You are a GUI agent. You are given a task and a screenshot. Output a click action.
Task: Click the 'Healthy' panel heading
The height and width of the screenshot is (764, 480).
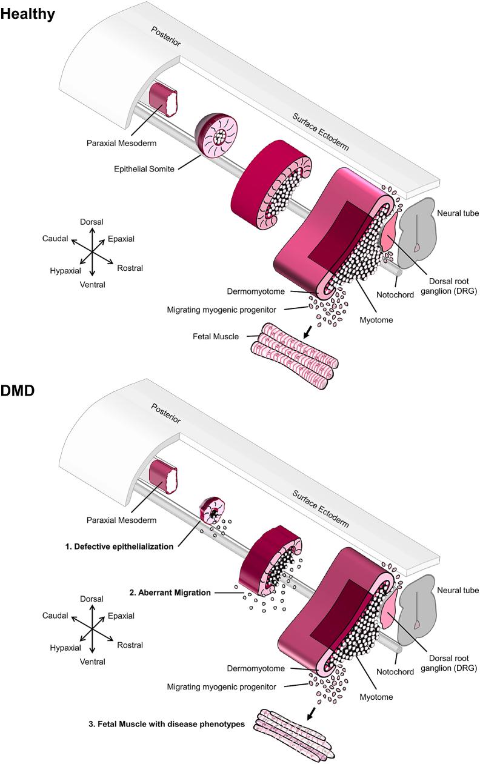(x=28, y=14)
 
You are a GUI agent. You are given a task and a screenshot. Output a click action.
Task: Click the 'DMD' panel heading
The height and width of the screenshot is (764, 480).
(x=18, y=392)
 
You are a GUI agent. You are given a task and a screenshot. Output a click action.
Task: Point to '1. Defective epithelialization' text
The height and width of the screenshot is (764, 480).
(x=119, y=546)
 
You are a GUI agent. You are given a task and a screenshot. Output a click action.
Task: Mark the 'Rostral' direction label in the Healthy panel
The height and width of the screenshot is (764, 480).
(x=130, y=268)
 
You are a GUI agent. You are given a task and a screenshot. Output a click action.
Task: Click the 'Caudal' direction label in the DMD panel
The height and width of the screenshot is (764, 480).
(x=55, y=616)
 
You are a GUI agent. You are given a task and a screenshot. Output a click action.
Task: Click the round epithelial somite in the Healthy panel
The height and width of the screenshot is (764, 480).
(x=217, y=133)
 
